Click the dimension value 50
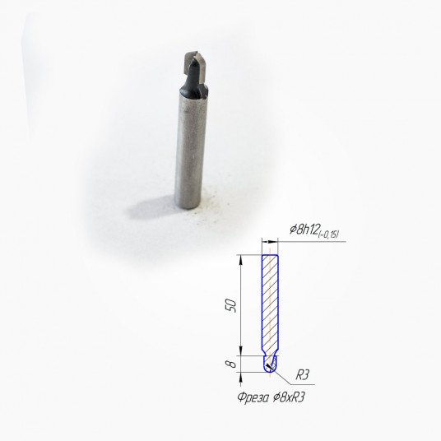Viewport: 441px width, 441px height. [232, 305]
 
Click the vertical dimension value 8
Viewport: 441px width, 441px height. [231, 364]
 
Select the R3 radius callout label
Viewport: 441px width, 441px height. [302, 375]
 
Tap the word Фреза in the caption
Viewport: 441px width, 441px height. [253, 397]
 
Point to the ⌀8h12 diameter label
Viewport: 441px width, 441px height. [304, 230]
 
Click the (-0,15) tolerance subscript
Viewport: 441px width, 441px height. [328, 234]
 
